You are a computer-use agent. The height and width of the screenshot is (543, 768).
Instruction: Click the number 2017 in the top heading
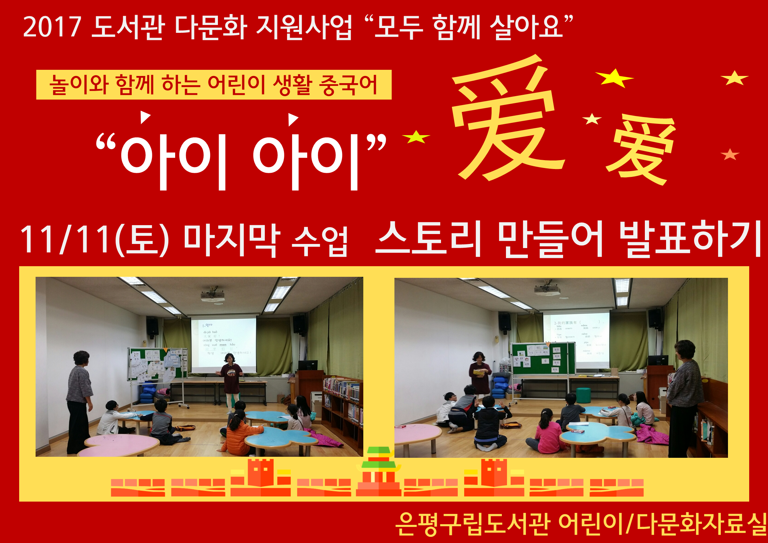tap(52, 27)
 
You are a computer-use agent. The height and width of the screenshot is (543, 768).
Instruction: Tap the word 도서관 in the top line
tap(128, 27)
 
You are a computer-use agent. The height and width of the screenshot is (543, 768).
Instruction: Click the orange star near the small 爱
tap(730, 155)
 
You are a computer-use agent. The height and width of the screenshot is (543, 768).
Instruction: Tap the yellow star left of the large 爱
tap(416, 137)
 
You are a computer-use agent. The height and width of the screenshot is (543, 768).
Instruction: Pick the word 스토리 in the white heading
tap(428, 239)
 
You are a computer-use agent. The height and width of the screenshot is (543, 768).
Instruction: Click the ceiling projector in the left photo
tap(212, 296)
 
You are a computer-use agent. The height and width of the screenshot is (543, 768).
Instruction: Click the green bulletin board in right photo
tap(542, 358)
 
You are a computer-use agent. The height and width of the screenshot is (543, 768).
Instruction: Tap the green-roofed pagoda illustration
tap(379, 470)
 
